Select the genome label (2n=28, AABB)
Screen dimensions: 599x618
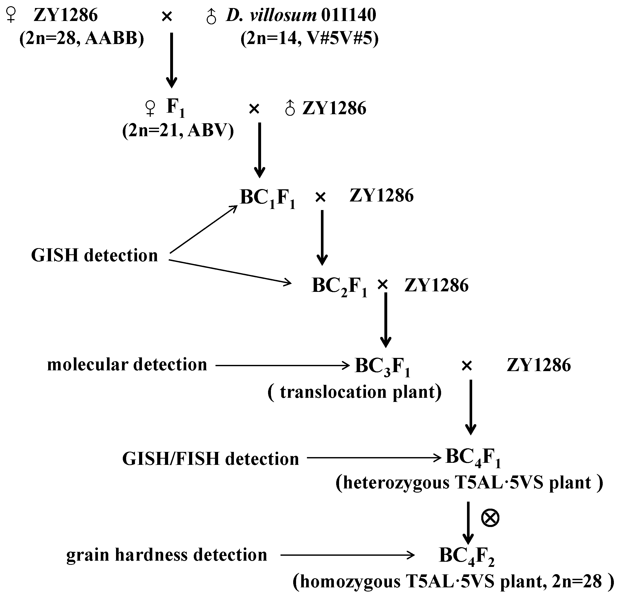pos(82,39)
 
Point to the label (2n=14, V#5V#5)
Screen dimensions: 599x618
pos(309,39)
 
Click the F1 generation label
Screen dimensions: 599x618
pos(175,108)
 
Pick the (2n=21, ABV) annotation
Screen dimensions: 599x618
pos(178,130)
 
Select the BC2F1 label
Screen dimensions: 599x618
pos(339,286)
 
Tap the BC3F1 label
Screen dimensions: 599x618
pos(382,367)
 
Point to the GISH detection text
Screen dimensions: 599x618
pos(94,255)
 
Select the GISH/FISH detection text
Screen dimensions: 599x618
pos(210,459)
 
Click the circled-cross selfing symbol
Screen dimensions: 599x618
pos(490,518)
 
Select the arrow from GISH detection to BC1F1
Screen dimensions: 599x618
pos(204,229)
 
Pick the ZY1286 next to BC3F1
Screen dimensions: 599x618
pos(538,365)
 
